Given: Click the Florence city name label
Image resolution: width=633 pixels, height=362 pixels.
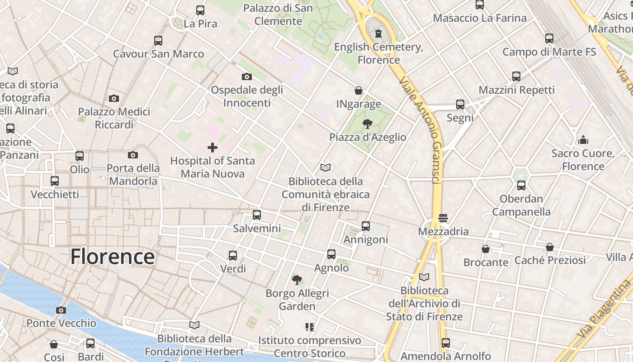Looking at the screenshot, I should point(113,257).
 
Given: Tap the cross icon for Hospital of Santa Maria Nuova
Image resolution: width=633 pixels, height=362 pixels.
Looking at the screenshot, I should point(212,148).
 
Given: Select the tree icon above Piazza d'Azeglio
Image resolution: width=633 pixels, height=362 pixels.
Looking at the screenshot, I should point(368,124).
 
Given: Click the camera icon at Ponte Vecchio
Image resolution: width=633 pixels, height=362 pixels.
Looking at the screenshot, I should point(61,310).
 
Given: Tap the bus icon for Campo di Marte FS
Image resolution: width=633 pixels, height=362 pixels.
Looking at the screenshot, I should point(549,38).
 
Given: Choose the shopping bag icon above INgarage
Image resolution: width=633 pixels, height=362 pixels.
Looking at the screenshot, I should point(359,90).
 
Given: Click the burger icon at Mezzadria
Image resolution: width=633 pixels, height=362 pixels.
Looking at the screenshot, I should point(443,218).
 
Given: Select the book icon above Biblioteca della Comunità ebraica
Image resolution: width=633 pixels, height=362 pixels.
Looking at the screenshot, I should point(325,168).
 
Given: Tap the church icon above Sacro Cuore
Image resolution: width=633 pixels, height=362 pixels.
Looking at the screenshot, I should point(583,140).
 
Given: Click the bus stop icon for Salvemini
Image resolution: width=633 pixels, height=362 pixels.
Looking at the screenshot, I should point(257,215).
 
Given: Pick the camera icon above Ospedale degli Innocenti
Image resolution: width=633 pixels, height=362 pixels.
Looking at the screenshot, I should point(246,76).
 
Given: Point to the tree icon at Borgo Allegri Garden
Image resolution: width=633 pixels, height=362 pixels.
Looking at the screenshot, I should point(297,280).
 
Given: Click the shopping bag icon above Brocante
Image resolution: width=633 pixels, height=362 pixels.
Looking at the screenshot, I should point(486,249).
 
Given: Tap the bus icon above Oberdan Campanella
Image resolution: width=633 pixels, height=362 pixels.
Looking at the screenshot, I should point(521,185).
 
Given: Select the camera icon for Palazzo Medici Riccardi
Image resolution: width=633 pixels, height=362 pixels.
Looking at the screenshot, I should point(114,98).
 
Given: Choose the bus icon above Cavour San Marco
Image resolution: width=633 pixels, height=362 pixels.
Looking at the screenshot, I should point(158,40).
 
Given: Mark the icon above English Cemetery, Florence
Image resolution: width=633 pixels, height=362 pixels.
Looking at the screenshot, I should point(378,33).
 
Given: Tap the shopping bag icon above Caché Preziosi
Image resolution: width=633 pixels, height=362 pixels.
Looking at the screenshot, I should point(550,247).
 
